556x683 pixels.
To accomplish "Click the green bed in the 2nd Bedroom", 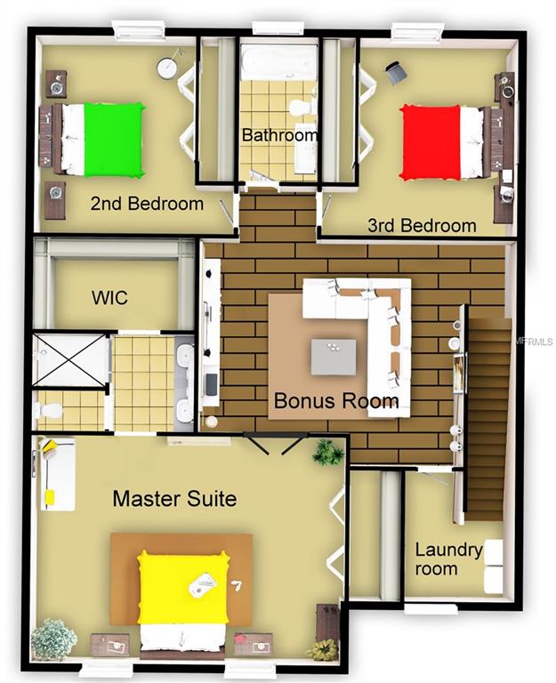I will point(113,140).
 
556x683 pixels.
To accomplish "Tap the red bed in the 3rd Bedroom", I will point(431,142).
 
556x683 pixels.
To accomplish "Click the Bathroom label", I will point(280,136).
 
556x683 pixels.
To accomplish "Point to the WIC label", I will point(109,298).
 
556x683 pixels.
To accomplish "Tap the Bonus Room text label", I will point(335,401).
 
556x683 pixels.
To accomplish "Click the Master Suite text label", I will point(174,498).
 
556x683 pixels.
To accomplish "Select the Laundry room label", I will point(448,559).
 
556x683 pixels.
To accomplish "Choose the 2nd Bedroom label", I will point(147,204).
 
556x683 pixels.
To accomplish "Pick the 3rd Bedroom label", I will point(422,226).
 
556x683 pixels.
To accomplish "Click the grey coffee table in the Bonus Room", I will point(334,357).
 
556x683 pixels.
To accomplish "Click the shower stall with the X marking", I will point(72,361).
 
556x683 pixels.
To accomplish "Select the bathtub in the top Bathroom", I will point(278,63).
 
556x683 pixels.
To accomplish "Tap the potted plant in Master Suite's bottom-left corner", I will point(53,639).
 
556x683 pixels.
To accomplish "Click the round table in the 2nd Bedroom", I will point(167,68).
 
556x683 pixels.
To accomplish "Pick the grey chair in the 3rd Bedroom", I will point(396,74).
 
